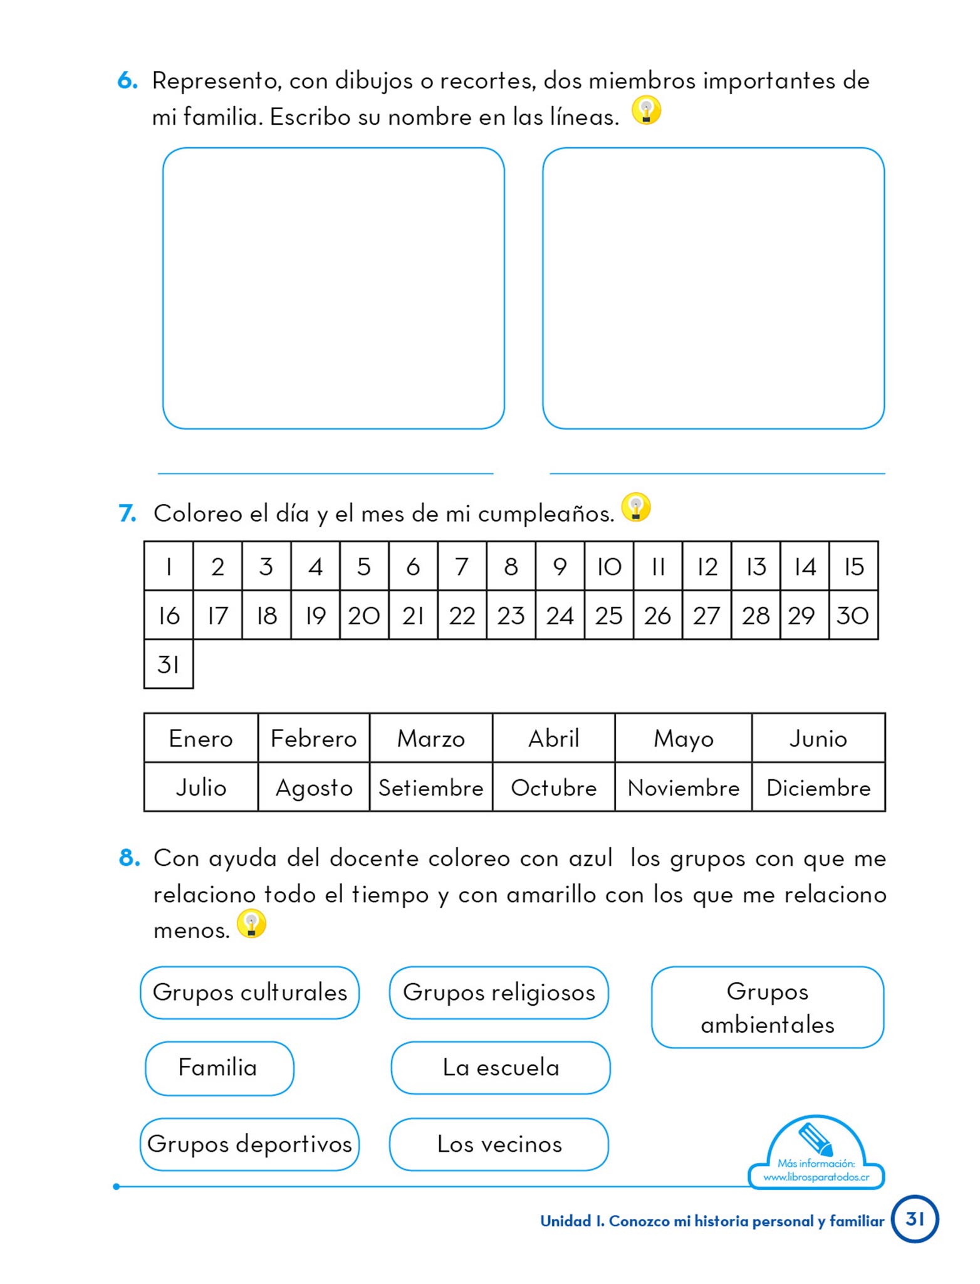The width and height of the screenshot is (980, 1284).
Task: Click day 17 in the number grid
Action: [217, 615]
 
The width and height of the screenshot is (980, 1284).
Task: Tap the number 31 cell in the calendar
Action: [169, 664]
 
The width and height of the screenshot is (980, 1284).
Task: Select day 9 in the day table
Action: [560, 566]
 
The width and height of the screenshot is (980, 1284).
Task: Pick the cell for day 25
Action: [608, 615]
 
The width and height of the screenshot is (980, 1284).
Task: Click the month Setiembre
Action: [430, 787]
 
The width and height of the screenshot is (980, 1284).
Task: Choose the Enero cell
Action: [201, 738]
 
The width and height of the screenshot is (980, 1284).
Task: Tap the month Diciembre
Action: [818, 787]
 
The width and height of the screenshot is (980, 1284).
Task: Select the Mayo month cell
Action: [683, 738]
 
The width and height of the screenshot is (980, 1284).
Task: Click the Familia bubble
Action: [219, 1068]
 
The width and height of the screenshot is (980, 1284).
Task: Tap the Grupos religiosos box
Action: [499, 992]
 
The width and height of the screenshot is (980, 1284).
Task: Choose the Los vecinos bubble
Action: [499, 1144]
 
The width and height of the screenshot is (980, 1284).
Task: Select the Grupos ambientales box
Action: [768, 1008]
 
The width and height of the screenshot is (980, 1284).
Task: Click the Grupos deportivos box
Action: [249, 1144]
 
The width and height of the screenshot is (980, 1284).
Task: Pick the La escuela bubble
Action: [501, 1068]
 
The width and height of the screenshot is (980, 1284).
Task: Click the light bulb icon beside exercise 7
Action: [636, 508]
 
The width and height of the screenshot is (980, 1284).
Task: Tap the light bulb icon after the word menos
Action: [251, 924]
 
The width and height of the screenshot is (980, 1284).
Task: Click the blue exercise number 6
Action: [127, 81]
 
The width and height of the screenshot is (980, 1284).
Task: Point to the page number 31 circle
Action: [915, 1219]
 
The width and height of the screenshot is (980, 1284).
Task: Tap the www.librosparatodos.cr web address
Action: [816, 1177]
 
